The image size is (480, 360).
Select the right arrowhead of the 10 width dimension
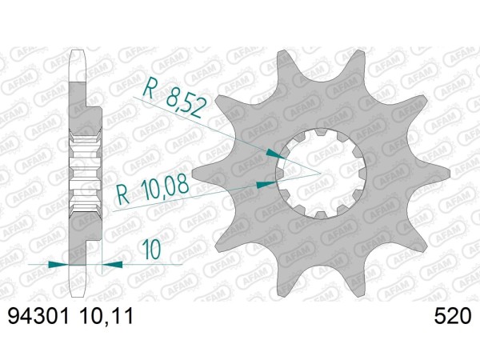click(x=111, y=262)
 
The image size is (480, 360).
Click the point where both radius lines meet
click(x=321, y=171)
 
